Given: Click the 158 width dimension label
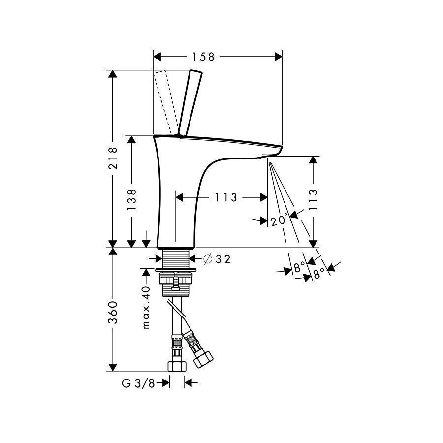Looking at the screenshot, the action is (203, 57).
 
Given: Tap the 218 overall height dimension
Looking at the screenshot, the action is (113, 158).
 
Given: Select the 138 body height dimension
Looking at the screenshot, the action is (131, 200).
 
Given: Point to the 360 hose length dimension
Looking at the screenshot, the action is (113, 313).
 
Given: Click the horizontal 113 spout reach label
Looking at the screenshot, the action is (226, 197).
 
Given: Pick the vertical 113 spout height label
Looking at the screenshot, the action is (313, 200).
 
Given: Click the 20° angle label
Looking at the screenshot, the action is (279, 220).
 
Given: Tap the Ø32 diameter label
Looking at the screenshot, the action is (217, 259).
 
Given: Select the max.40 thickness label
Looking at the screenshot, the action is (146, 308).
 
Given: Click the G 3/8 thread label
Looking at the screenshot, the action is (138, 383).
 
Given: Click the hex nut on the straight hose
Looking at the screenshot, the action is (177, 366).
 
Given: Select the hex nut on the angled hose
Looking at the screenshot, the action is (203, 359).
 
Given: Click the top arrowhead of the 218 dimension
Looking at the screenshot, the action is (113, 74).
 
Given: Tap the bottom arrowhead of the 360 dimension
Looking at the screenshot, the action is (113, 368).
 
